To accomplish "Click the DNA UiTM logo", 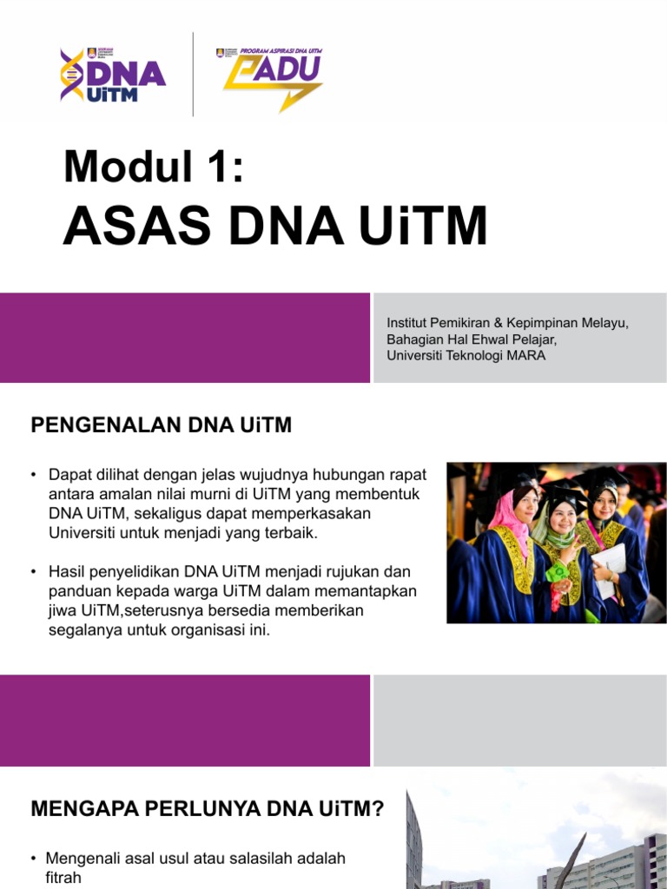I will [112, 76].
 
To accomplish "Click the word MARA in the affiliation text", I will [529, 356].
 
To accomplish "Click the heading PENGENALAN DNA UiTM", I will [162, 425].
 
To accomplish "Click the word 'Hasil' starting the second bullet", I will [67, 573].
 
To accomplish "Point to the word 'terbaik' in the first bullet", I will [291, 532].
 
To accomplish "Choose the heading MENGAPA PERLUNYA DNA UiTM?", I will [207, 810].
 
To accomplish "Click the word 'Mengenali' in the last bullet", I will [84, 859].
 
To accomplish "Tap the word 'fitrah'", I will [63, 878].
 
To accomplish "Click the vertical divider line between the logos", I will [193, 75].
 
